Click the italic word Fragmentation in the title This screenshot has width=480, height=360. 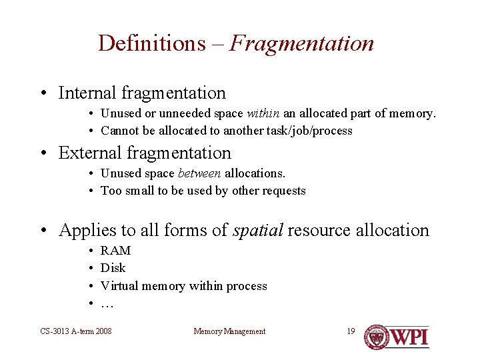(x=301, y=43)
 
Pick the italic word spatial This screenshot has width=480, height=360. (x=258, y=231)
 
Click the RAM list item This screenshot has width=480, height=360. (x=115, y=251)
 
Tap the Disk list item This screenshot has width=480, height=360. (x=113, y=268)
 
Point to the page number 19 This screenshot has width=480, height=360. (x=351, y=331)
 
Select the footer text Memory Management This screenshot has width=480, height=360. (x=229, y=331)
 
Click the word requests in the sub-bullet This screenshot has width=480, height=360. (x=284, y=191)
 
